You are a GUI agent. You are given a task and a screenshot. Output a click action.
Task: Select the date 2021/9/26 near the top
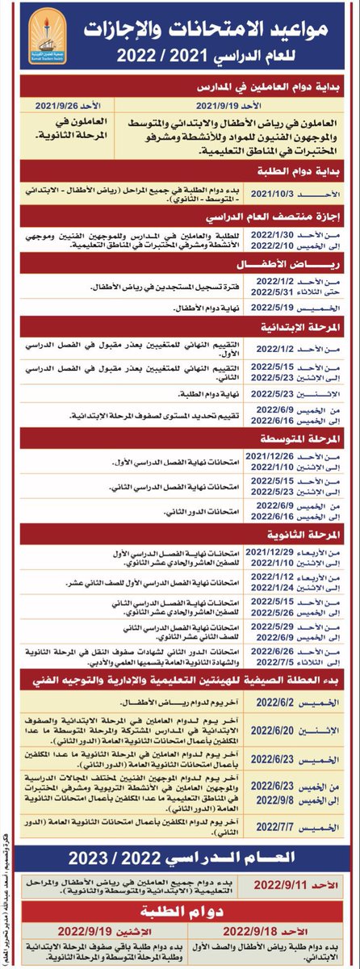click(56, 104)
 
